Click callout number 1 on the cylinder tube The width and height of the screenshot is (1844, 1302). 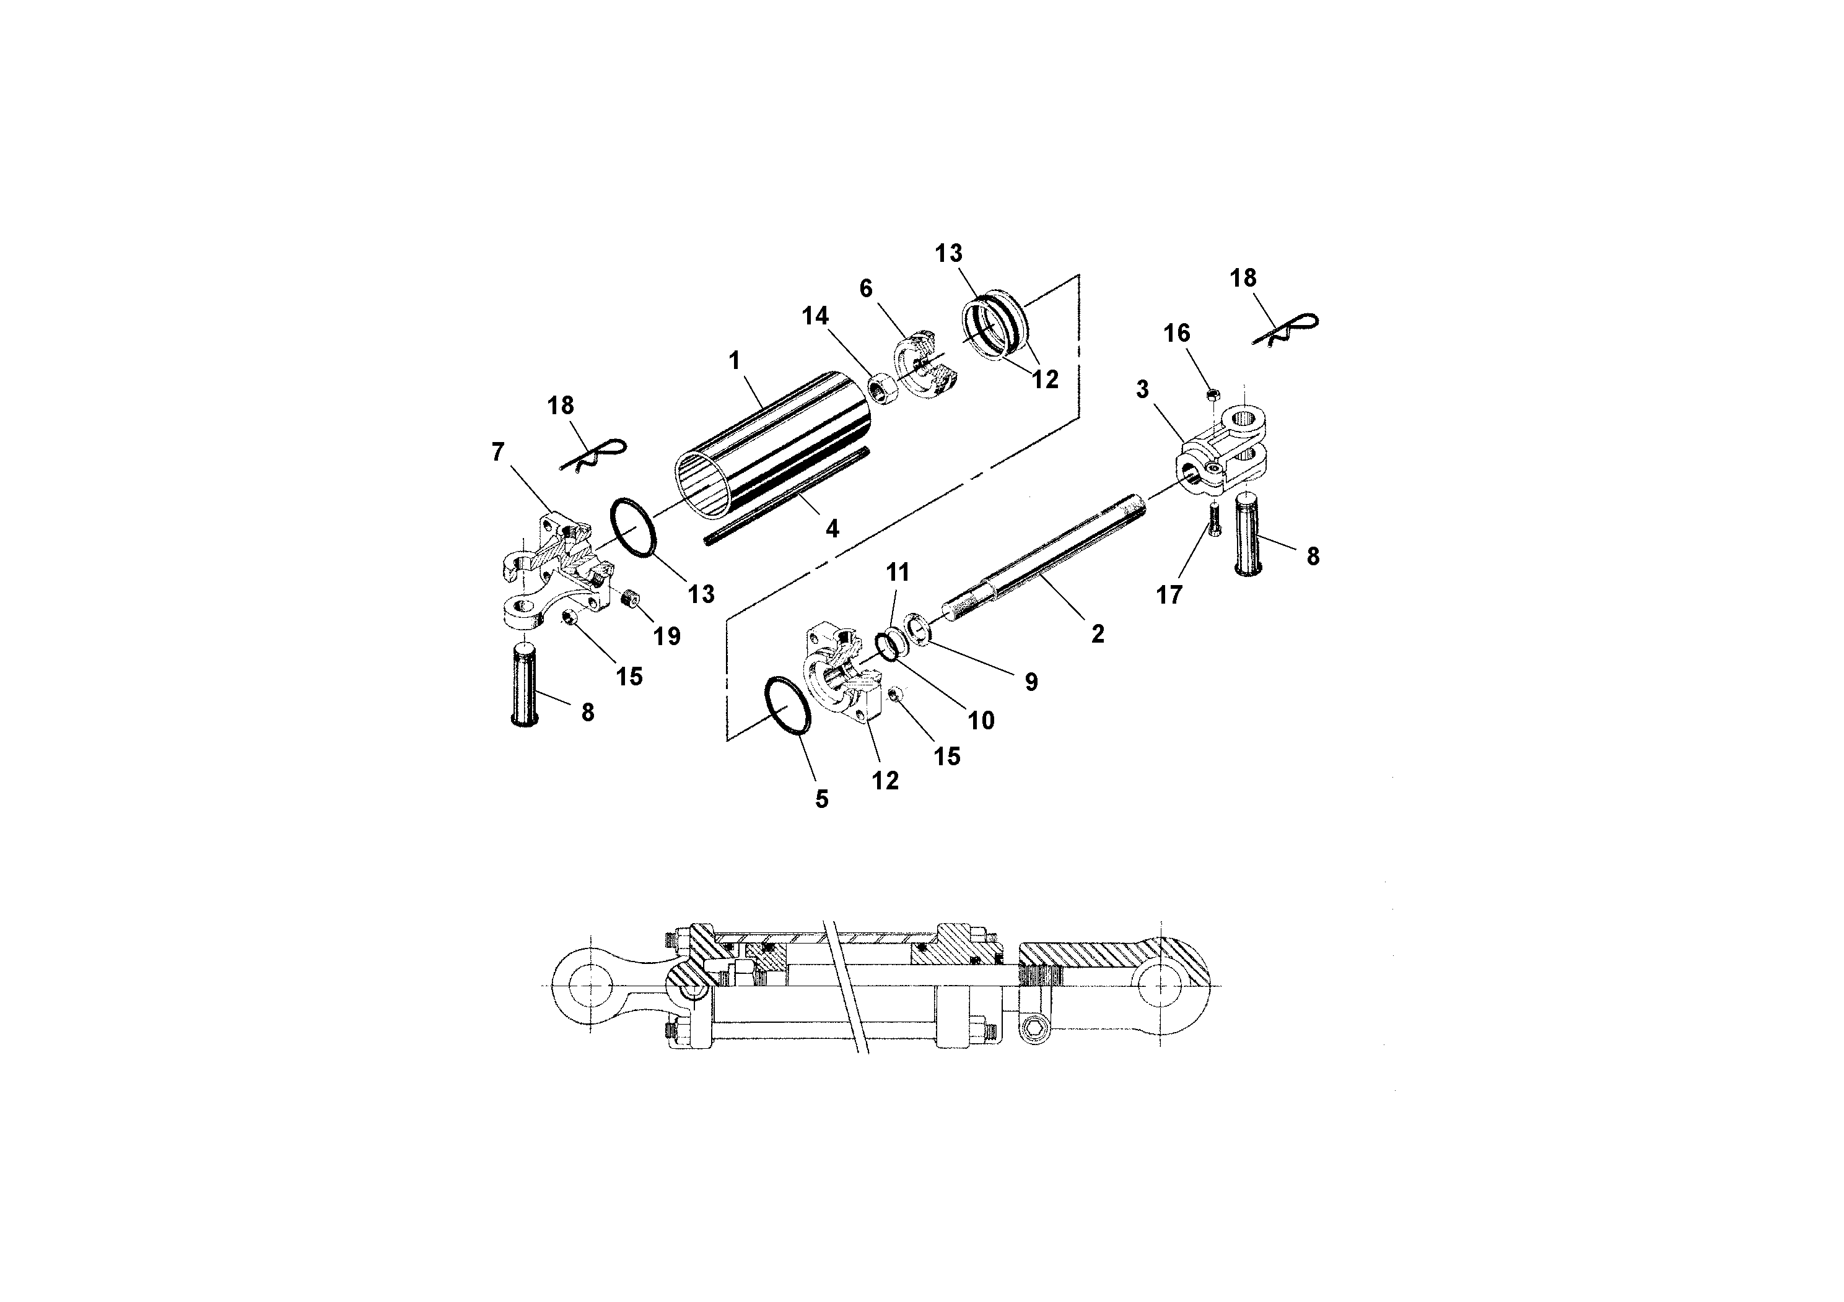[734, 360]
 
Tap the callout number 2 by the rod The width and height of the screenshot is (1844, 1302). [1098, 634]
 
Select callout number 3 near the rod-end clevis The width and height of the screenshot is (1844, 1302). [1142, 389]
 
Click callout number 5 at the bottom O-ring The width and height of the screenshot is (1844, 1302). [821, 799]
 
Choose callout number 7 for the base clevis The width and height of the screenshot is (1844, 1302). [498, 453]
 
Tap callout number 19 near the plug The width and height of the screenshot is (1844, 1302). [666, 636]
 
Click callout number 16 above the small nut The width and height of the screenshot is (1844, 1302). [1178, 333]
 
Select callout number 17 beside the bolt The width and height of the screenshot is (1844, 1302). [1169, 595]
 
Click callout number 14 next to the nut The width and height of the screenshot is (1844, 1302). [815, 316]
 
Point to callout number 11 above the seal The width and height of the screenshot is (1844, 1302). [898, 572]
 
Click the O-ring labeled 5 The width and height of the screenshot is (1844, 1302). [787, 705]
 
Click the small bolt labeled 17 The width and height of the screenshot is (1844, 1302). [1213, 519]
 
